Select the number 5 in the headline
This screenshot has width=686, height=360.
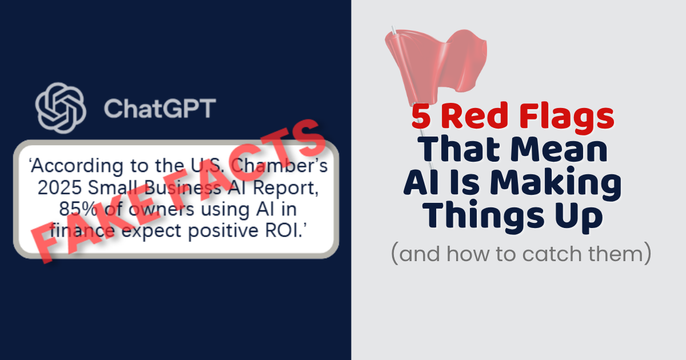(421, 118)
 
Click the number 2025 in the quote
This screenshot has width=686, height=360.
(53, 189)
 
